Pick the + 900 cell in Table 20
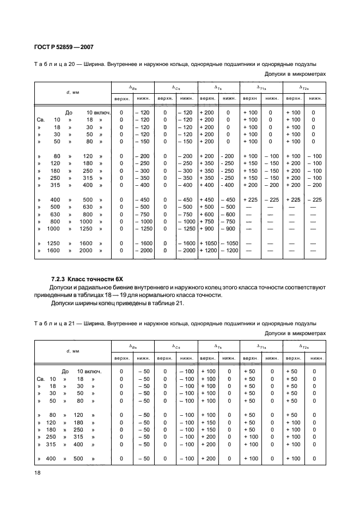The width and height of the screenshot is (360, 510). (x=208, y=229)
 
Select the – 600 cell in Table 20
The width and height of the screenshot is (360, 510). (x=229, y=214)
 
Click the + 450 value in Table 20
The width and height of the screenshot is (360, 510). (x=208, y=199)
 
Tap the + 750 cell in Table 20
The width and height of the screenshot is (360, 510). (x=208, y=222)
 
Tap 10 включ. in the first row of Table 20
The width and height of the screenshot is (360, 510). (x=99, y=112)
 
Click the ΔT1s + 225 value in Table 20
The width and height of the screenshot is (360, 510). (x=251, y=199)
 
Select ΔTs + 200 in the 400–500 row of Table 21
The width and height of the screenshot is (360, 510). (x=208, y=459)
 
